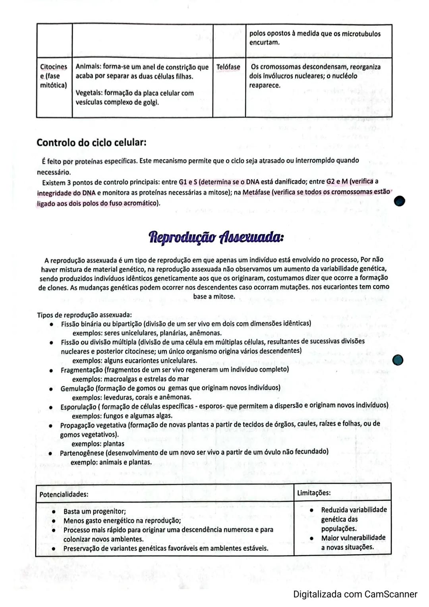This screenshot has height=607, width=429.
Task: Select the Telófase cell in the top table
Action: tap(228, 67)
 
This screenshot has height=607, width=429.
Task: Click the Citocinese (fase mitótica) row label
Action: tap(54, 76)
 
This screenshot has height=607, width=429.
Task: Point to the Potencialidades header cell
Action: tap(64, 494)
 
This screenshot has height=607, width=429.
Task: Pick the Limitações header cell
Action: tap(314, 493)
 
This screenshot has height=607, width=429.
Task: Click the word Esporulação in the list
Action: tap(78, 407)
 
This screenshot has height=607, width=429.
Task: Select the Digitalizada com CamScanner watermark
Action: tap(355, 594)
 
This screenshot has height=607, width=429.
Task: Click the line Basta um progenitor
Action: tap(95, 511)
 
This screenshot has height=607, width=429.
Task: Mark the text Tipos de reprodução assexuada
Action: tap(85, 315)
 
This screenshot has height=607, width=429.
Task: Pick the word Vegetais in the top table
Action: tap(89, 93)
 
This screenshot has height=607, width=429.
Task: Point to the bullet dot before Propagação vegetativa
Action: tap(51, 425)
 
